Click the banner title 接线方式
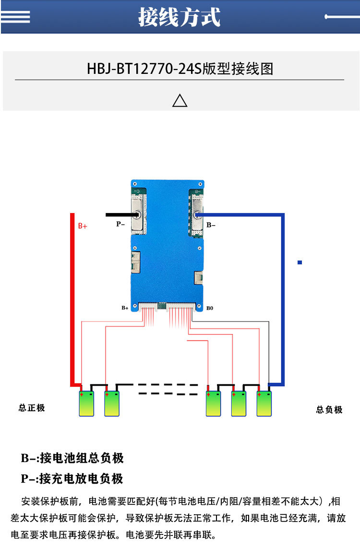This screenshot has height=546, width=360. coord(180,17)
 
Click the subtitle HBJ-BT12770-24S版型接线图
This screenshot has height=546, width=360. coord(180,69)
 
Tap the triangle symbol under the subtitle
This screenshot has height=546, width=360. coord(180,100)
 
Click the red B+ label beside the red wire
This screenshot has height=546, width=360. coord(83,226)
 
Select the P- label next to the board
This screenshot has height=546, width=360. coord(120,224)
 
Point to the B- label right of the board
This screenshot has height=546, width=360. coord(211,224)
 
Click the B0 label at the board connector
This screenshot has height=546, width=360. coord(210,308)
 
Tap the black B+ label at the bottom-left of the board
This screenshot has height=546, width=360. coord(125,308)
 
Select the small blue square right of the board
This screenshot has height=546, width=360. coord(300,262)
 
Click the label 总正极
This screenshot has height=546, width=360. coord(32,408)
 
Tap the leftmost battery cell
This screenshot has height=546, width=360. coord(87,404)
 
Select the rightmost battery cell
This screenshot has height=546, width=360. coord(264,404)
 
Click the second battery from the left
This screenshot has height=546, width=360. coord(112,404)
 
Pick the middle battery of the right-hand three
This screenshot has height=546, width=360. coord(239,404)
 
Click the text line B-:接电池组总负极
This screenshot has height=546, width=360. coord(72,458)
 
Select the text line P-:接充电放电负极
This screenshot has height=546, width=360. coord(72,478)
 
